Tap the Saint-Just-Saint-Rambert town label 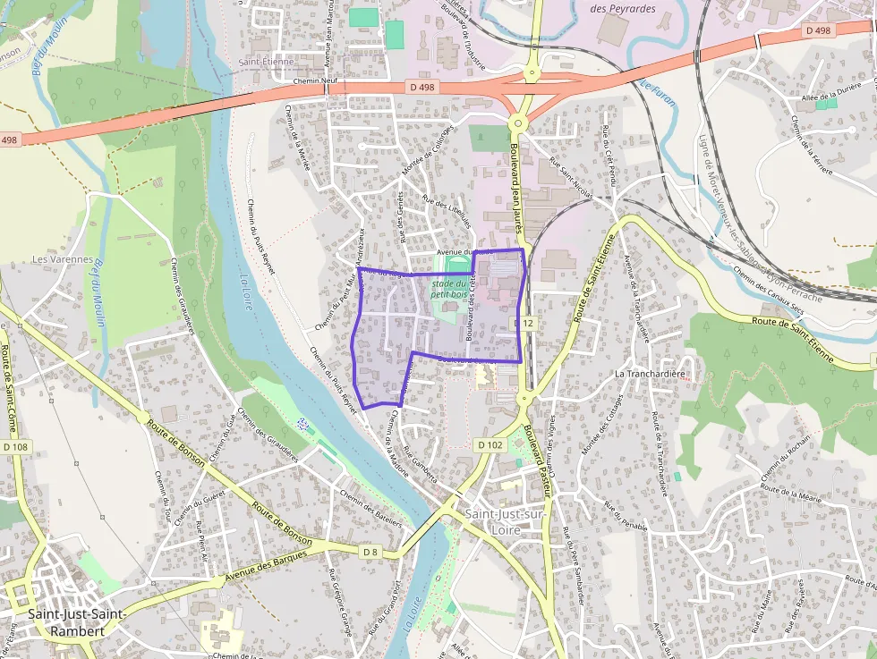coord(66,621)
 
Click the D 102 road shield coord(490,444)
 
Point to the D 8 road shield coord(370,553)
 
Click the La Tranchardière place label coord(649,373)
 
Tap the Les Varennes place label coord(63,259)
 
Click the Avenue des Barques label coord(266,566)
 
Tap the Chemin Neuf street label coord(314,80)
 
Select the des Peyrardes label coord(623,9)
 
